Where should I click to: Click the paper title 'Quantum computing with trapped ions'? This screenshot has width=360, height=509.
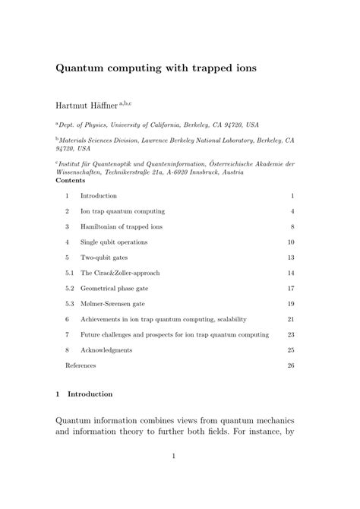click(x=156, y=68)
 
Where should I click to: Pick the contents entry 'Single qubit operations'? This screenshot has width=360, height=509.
click(x=114, y=242)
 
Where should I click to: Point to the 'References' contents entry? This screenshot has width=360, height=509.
click(x=81, y=365)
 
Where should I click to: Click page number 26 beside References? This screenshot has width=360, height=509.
click(x=290, y=365)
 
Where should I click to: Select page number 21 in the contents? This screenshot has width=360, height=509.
click(x=290, y=319)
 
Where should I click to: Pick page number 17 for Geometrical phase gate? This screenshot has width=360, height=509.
click(x=290, y=289)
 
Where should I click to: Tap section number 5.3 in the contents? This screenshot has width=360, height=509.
click(x=70, y=304)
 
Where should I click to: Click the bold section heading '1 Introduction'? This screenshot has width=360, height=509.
click(x=84, y=394)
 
